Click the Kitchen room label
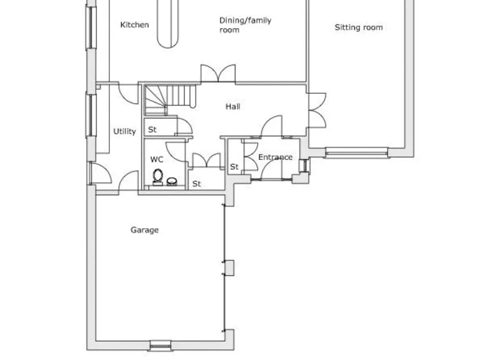(134, 25)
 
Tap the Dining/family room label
(245, 25)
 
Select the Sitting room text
(359, 27)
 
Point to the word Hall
(232, 107)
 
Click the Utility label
(124, 132)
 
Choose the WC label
(156, 159)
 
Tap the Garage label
(144, 230)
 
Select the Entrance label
(275, 157)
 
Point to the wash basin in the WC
(172, 182)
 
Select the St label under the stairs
(152, 130)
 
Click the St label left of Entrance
(234, 167)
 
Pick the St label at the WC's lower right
(196, 184)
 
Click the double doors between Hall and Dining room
(218, 73)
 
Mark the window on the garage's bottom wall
(159, 344)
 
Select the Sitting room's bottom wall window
(356, 152)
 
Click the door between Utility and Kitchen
(129, 92)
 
